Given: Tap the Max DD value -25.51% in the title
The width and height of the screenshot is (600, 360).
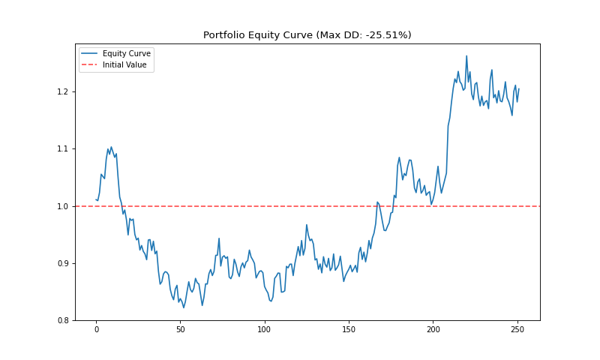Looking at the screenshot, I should coord(382,35).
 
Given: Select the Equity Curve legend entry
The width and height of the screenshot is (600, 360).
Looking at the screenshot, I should coord(127,53).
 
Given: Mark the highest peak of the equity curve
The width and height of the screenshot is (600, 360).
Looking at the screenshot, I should coord(466,55).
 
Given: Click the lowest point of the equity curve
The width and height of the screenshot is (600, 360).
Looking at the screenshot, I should coord(184,307).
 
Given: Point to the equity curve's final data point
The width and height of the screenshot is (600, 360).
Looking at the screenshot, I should coord(519,88).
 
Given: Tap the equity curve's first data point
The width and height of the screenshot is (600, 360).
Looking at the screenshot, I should coord(96,199).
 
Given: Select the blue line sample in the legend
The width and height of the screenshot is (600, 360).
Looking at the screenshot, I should coord(89,53).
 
